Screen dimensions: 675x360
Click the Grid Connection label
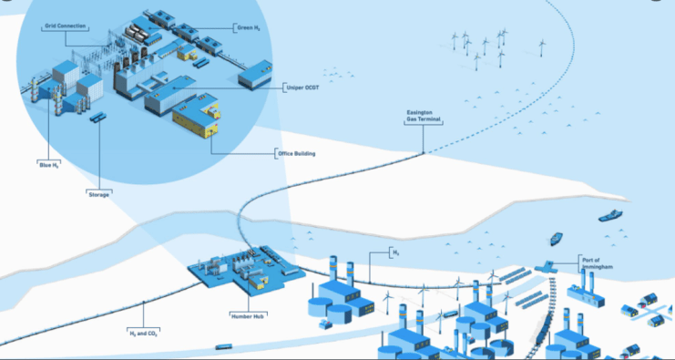point(66,26)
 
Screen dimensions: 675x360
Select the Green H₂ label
point(249,28)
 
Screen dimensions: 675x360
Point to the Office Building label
point(297,153)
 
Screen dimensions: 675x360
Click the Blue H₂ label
point(48,164)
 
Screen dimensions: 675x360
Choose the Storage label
point(98,194)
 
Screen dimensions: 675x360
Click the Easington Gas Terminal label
point(424,116)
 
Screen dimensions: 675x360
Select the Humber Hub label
point(248,315)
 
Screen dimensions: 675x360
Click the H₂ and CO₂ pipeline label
point(143,334)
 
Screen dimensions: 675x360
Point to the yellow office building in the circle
point(197,116)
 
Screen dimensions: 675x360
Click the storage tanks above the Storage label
point(97,118)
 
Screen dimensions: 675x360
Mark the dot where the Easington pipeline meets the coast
point(424,152)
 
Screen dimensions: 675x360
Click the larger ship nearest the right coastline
point(610,215)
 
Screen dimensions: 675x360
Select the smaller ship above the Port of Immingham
point(556,239)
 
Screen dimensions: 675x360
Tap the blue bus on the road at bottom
point(223,346)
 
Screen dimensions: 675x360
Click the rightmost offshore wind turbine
point(542,47)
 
